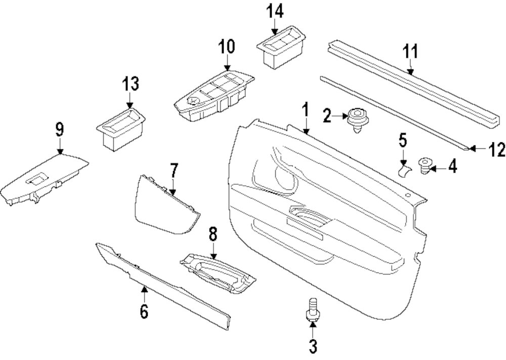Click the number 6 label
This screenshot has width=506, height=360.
tap(144, 311)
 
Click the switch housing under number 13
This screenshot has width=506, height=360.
tap(120, 129)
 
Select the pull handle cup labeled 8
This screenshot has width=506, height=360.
tap(218, 273)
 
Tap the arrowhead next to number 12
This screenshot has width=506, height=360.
tap(472, 148)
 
